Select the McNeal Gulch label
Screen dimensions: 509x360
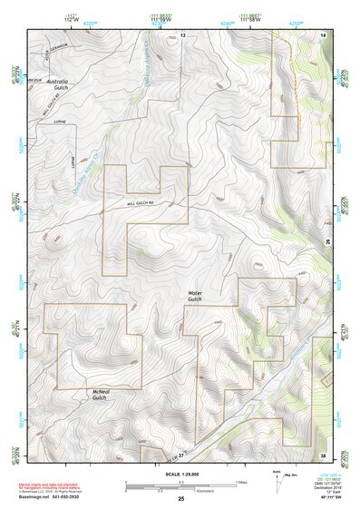(100, 395)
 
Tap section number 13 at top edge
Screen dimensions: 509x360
(181, 34)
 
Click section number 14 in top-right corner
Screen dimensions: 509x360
(323, 34)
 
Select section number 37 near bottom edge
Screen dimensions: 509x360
(181, 454)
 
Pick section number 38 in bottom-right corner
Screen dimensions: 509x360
(323, 454)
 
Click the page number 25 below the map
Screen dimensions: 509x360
(181, 498)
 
